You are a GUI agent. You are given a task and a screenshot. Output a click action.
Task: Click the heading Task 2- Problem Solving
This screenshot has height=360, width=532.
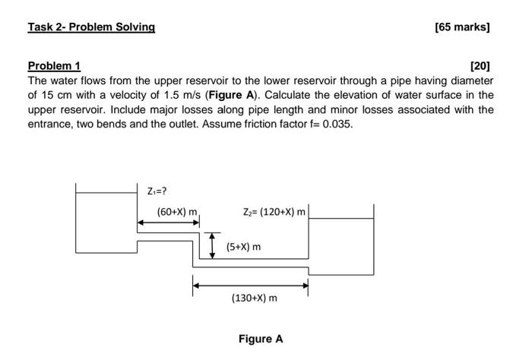click(91, 27)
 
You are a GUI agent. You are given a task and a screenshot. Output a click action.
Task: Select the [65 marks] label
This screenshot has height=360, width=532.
click(462, 27)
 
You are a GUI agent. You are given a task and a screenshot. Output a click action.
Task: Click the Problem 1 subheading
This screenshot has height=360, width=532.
click(54, 66)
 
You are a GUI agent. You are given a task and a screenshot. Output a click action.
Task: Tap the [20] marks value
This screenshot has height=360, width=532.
click(481, 66)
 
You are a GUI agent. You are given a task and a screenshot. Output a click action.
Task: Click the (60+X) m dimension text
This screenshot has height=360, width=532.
click(177, 212)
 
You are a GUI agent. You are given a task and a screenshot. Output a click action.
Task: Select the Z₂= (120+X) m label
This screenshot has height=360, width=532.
click(274, 212)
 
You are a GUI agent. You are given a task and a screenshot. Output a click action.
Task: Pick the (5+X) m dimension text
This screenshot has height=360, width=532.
click(243, 247)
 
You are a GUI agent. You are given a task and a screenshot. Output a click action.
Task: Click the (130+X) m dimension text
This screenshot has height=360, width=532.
click(254, 298)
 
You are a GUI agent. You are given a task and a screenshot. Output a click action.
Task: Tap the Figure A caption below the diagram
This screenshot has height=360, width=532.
click(260, 339)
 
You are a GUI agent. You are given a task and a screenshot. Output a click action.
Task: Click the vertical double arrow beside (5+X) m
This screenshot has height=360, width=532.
click(214, 246)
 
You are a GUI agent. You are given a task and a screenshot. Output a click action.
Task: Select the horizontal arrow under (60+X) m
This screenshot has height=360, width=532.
click(168, 223)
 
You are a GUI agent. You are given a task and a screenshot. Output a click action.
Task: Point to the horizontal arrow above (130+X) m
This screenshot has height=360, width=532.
click(250, 286)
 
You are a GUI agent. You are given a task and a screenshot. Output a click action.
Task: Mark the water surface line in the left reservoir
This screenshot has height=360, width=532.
click(106, 194)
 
